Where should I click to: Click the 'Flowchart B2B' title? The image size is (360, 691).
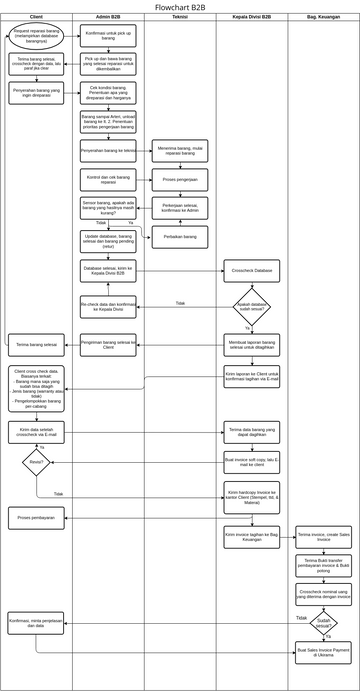tap(180, 6)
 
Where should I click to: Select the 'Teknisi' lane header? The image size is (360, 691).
tap(180, 18)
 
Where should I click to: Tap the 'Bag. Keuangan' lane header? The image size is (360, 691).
tap(323, 18)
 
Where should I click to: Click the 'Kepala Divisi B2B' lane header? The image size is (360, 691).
tap(251, 18)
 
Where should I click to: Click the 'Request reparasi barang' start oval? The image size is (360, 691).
tap(38, 37)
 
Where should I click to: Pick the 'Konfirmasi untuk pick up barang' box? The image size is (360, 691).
tap(108, 36)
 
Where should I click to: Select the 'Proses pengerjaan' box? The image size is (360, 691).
tap(180, 181)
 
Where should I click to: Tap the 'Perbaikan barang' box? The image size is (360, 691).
tap(180, 237)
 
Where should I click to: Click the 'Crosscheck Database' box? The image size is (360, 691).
tap(251, 271)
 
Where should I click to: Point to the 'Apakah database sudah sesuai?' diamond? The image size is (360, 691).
tap(251, 306)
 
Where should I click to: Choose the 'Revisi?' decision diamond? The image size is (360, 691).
tap(37, 463)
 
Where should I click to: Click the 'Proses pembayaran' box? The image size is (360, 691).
tap(37, 517)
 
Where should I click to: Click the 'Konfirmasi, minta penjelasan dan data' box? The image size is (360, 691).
tap(37, 622)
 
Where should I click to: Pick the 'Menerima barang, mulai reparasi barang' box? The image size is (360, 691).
tap(180, 152)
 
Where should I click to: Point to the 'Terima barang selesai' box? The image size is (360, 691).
tap(37, 344)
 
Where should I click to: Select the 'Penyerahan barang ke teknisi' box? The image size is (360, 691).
tap(108, 152)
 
